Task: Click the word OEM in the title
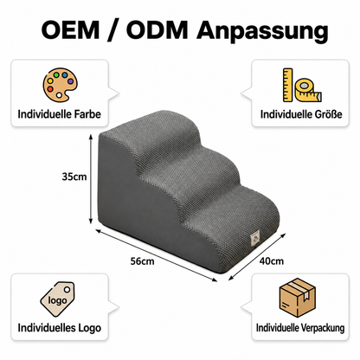click(x=71, y=29)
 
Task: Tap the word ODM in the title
click(x=157, y=29)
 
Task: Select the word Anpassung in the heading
click(x=262, y=32)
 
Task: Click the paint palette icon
click(x=61, y=86)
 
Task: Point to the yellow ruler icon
click(x=287, y=85)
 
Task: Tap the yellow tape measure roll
click(x=308, y=89)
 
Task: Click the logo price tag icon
click(x=58, y=299)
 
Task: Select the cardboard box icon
click(x=298, y=297)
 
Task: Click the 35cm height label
click(x=74, y=177)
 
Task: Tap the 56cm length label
click(x=142, y=261)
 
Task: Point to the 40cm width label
click(x=272, y=261)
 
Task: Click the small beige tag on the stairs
click(x=255, y=239)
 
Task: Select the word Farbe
click(x=87, y=114)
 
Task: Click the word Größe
click(x=328, y=114)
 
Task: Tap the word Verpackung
click(x=323, y=328)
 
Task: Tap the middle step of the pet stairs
click(x=190, y=164)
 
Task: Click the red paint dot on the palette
click(x=50, y=89)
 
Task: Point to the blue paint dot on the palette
click(x=64, y=75)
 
